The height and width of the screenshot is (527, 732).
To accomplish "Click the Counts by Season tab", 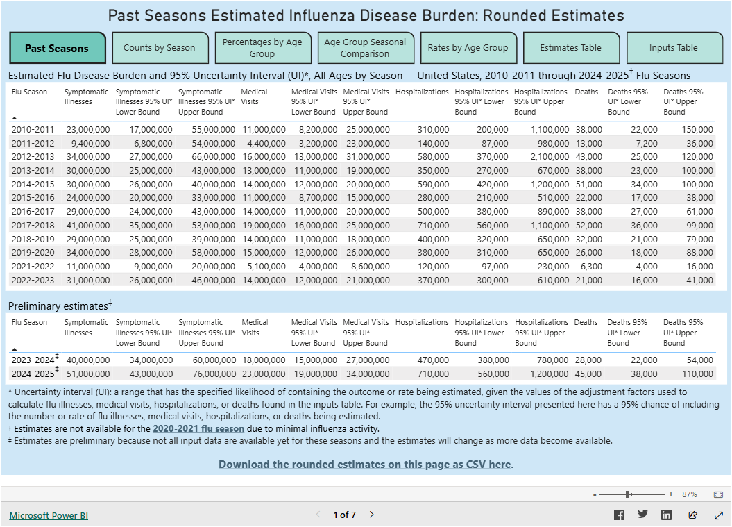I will pos(160,48).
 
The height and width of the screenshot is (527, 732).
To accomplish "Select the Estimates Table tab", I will pos(571,48).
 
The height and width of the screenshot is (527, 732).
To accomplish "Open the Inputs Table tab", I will pos(674,48).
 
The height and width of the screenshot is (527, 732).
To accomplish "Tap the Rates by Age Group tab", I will pos(468,48).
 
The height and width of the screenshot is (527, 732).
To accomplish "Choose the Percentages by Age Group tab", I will pos(262,48).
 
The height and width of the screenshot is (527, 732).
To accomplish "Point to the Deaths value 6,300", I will pos(589,266).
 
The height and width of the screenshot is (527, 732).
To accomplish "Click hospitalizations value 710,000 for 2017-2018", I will pos(433,225).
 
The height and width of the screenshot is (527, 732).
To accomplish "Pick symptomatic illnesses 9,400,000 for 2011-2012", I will pos(88,143).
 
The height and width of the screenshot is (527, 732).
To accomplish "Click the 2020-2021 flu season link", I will pos(198,428).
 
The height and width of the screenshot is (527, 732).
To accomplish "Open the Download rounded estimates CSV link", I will pos(366,465).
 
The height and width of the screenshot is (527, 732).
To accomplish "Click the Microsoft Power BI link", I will pos(49,515).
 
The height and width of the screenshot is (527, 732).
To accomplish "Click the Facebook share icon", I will pos(619,515).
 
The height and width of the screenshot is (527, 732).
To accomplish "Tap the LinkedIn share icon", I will pos(666,515).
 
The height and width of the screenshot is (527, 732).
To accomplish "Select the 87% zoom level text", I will pos(690,494).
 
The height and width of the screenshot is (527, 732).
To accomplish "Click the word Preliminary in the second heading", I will pos(33,306).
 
